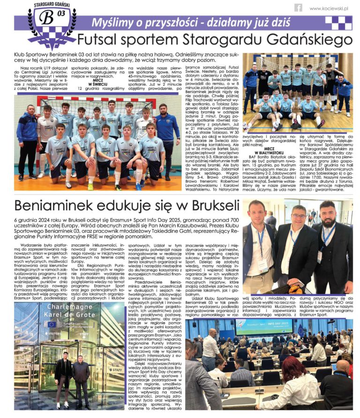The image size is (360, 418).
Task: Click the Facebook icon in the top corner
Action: [x=298, y=7]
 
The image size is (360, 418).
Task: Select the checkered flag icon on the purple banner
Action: [x=338, y=22]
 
